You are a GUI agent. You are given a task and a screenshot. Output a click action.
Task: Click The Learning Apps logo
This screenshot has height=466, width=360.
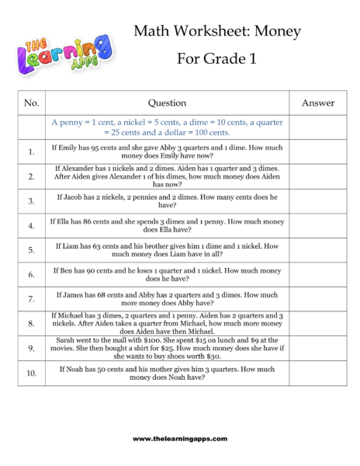coord(63,54)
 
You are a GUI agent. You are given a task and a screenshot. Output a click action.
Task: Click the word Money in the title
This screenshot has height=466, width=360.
coord(278,31)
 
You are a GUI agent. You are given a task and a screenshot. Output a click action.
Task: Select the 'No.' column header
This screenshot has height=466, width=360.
coord(31,103)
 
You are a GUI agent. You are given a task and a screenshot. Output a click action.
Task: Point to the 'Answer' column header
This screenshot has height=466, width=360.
coord(317,103)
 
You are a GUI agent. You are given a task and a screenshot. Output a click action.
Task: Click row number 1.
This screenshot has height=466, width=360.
coord(31,151)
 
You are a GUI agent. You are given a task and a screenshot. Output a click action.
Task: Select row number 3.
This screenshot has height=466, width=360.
coord(31,201)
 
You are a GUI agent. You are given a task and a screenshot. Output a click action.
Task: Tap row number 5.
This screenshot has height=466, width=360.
coord(31,250)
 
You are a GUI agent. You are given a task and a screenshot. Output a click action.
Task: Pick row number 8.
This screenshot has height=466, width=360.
coord(31,323)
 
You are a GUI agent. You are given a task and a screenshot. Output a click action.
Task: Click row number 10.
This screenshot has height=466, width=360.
coord(31,373)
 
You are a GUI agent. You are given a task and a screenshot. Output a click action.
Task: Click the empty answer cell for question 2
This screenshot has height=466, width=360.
coord(317,176)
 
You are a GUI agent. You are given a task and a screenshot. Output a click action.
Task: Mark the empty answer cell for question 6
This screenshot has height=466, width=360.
coord(317,274)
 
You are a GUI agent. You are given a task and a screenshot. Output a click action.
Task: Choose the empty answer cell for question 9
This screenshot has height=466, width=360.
coord(317,348)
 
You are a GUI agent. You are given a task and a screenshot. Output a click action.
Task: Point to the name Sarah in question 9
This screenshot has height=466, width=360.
coord(64,339)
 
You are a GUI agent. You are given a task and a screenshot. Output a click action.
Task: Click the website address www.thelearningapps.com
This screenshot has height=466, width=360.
coord(180,439)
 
